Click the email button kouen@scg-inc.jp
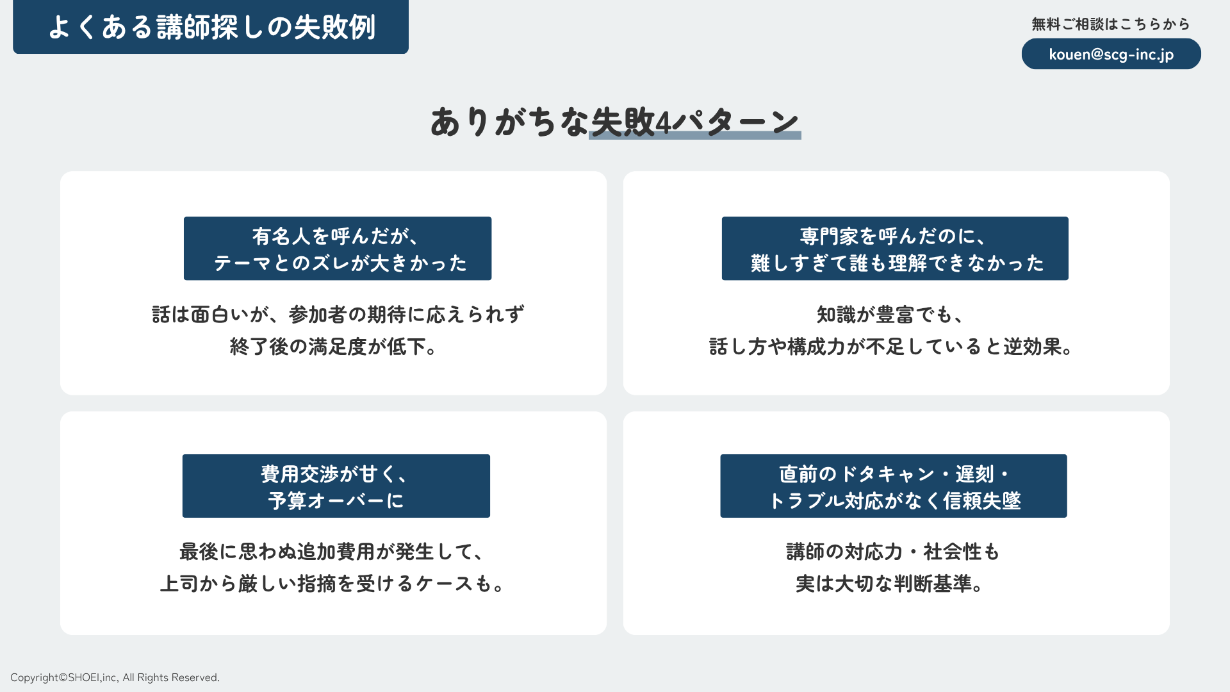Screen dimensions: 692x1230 [1111, 54]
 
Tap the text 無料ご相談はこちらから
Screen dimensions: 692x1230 [1110, 24]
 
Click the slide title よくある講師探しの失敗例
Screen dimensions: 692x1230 [211, 27]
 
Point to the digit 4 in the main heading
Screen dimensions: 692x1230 [663, 122]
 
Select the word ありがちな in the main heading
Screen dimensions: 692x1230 [509, 122]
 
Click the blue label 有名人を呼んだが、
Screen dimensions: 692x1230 [337, 236]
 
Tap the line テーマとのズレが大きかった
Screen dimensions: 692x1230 [340, 263]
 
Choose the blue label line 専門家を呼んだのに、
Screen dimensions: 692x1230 [894, 236]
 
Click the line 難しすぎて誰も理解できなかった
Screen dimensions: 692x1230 [897, 263]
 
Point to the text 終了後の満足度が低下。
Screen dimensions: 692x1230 [334, 347]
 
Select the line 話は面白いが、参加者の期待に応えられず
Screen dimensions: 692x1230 [338, 315]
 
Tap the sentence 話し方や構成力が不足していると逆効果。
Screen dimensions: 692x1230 [891, 347]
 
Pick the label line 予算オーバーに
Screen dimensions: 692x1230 [336, 500]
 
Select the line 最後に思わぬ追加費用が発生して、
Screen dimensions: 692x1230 [332, 552]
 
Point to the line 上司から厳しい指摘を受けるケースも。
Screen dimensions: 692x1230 [334, 584]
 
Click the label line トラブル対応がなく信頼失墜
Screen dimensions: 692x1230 [894, 500]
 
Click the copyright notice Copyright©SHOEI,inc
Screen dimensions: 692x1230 [115, 677]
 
